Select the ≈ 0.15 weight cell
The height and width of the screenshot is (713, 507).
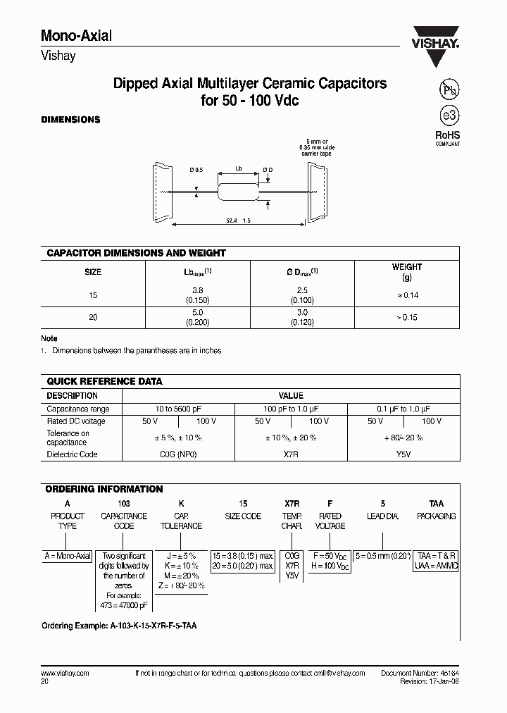click(406, 317)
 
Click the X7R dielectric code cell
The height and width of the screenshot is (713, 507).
click(290, 454)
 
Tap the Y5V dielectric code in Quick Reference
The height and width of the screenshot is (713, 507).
click(403, 454)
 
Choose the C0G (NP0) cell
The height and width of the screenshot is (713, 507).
click(177, 454)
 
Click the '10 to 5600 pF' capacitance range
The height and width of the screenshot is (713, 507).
click(177, 409)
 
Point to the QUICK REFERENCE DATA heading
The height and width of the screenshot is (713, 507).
click(104, 381)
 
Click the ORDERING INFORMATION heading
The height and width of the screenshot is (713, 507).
click(104, 489)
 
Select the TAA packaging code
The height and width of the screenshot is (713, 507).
click(437, 504)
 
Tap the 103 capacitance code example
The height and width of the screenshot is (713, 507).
click(123, 504)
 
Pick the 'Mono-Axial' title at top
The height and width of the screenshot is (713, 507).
click(77, 36)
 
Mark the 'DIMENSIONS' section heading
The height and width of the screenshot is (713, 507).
click(71, 120)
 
